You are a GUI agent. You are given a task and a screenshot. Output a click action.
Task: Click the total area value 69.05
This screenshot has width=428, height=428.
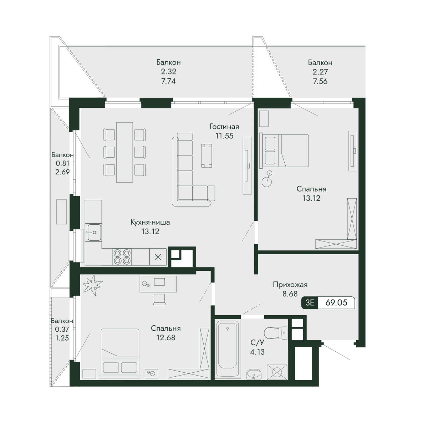pos(336,302)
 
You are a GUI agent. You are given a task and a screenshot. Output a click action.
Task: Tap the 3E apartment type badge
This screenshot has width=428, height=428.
pos(310,302)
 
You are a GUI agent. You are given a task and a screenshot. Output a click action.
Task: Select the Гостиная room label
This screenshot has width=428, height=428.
pos(224,127)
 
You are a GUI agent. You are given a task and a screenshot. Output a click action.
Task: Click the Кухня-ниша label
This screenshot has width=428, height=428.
pos(150,222)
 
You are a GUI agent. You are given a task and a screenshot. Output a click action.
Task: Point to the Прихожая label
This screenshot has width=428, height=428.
pos(290,285)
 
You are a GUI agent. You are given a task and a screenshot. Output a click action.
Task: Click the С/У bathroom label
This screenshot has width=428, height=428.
pos(258,342)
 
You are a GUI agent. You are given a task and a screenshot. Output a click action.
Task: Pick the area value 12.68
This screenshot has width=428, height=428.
pos(166,338)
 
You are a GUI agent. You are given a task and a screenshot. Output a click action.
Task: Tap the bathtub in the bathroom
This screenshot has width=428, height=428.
pos(228,349)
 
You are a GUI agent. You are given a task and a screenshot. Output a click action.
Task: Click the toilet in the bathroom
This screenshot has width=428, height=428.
pos(275,333)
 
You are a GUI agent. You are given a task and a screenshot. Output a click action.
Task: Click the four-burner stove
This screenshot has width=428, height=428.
pos(122,257)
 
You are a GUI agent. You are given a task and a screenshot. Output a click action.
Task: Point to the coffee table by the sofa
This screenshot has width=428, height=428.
pos(207,156)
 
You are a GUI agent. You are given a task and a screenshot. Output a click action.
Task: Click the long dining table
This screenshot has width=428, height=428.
pos(124,152)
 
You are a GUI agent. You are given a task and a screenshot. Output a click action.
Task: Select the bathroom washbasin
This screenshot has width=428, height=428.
pos(254,374)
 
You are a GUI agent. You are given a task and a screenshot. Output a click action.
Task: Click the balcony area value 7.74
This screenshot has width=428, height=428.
pos(169,81)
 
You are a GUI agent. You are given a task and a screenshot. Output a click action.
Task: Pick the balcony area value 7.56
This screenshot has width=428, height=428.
pos(320,81)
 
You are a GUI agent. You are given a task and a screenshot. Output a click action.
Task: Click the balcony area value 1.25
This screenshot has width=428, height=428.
pos(62,338)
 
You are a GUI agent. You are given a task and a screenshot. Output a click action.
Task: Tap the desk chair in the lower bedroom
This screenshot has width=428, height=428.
pos(159,299)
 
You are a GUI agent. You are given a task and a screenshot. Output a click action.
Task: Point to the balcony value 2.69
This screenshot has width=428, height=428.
pos(62,172)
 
